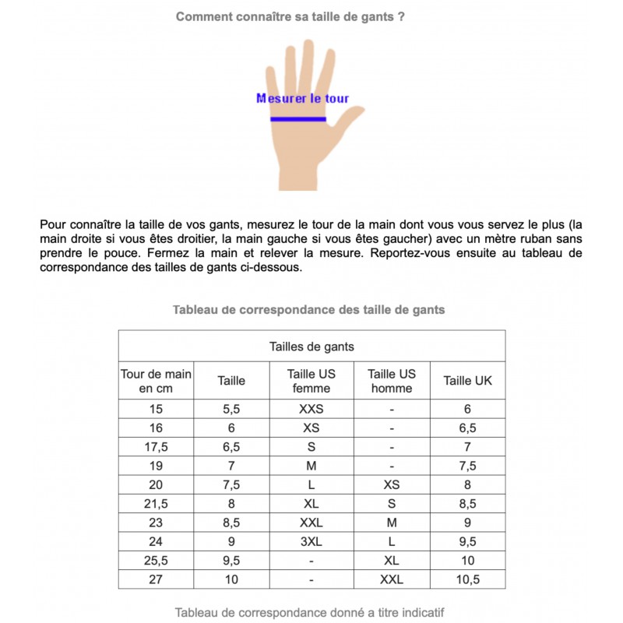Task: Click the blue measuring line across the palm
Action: (x=298, y=119)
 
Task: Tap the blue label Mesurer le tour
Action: (x=302, y=99)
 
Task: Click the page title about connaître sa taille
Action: (x=290, y=16)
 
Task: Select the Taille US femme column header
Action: (x=311, y=381)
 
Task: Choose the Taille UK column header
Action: (x=467, y=381)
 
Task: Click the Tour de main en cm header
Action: (x=156, y=381)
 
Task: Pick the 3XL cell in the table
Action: (x=311, y=540)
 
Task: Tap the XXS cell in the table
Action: (x=311, y=409)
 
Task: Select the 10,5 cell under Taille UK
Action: (x=467, y=579)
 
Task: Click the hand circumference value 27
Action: (x=156, y=579)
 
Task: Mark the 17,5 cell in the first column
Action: (x=156, y=447)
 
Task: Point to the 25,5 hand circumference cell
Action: (x=156, y=560)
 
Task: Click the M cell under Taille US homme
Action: (x=392, y=523)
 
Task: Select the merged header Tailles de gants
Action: (x=311, y=347)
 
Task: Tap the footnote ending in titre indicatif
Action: (x=309, y=612)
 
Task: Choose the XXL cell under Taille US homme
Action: (x=392, y=579)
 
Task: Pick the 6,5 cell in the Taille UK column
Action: (x=467, y=428)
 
